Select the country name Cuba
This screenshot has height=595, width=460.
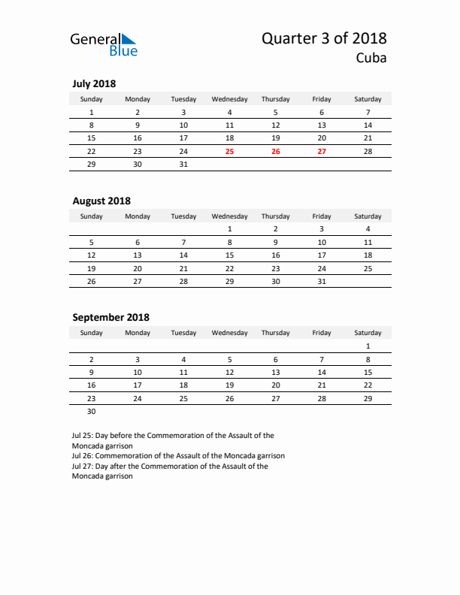coord(371,59)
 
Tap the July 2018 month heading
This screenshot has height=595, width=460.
coord(94,84)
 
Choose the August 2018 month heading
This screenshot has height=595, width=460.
coord(101,201)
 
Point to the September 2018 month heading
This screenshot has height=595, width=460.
coord(110,317)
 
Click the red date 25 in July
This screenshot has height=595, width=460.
coord(230,151)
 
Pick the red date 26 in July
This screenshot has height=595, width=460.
coord(276,151)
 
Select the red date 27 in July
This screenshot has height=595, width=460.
coord(322,151)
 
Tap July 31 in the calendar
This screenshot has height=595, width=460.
coord(183,164)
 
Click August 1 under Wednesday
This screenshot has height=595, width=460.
coord(230,229)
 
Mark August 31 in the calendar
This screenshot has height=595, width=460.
coord(322,281)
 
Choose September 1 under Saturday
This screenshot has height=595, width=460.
coord(368,346)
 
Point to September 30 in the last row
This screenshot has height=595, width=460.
coord(92,411)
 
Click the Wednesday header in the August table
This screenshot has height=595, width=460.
coord(230,216)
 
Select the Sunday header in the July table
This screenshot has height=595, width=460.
coord(92,99)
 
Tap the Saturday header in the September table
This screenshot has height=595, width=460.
coord(368,333)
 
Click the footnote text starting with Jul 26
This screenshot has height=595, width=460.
coord(178,455)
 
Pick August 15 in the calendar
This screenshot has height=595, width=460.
coord(230,255)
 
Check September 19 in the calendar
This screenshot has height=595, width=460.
coord(230,385)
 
